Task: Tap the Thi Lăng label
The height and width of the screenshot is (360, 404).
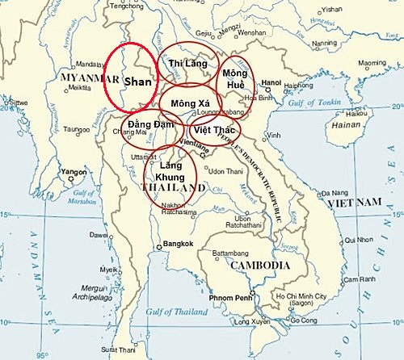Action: pyautogui.click(x=187, y=62)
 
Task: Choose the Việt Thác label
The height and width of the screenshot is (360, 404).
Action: pyautogui.click(x=213, y=129)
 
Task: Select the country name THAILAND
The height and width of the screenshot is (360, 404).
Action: pyautogui.click(x=171, y=187)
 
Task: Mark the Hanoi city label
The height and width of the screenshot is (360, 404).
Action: pyautogui.click(x=270, y=82)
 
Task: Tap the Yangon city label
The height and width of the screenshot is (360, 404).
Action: pyautogui.click(x=74, y=172)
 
